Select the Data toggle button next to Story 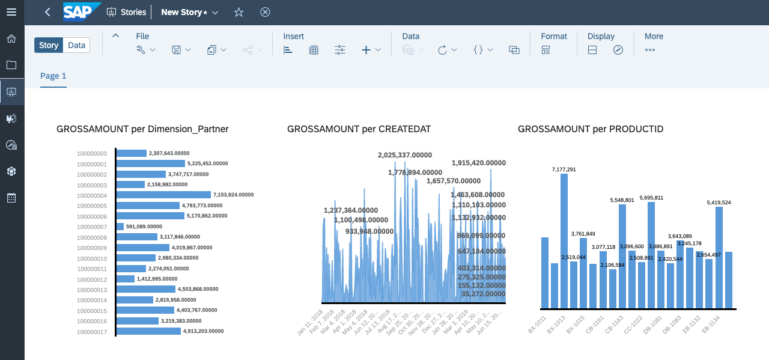[x=76, y=45]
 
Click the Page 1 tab [x=53, y=76]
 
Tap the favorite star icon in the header [x=239, y=12]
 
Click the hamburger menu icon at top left [x=11, y=12]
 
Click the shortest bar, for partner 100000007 [x=120, y=227]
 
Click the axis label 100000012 [x=92, y=279]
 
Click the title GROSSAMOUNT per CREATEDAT [x=359, y=129]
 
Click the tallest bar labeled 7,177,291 [x=564, y=240]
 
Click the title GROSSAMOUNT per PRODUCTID [x=591, y=129]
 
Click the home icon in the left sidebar [x=11, y=39]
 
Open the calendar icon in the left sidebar [x=11, y=198]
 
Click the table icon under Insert [x=314, y=50]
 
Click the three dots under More [x=649, y=50]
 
